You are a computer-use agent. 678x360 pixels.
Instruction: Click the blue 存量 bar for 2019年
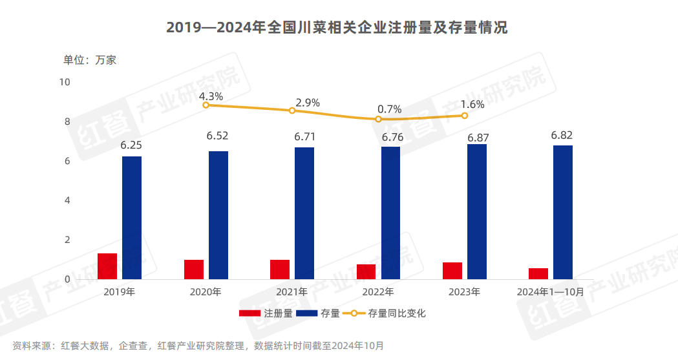tap(132, 218)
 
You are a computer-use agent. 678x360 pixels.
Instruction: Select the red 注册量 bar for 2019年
tap(107, 266)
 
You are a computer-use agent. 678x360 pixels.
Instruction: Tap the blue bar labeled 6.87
tap(477, 211)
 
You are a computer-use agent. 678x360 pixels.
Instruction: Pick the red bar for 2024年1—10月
tap(538, 273)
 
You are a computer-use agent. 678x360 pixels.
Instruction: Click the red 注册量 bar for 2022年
tap(366, 271)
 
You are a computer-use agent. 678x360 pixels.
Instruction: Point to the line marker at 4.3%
tap(206, 105)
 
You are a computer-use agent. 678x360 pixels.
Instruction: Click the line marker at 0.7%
tap(379, 119)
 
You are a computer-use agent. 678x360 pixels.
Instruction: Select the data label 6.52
tap(217, 136)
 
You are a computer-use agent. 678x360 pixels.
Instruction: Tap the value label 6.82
tap(562, 135)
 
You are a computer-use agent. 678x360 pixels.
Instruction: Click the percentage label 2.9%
tap(308, 103)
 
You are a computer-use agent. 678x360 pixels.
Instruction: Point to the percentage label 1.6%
tap(472, 104)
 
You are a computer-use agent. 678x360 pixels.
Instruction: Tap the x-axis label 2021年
tap(292, 292)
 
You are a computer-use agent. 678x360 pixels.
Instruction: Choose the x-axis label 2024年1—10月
tap(551, 292)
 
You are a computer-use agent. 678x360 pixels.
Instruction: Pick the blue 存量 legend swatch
tap(307, 313)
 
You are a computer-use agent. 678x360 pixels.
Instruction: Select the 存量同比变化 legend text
tap(397, 313)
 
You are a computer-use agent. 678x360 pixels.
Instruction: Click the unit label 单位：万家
tap(89, 60)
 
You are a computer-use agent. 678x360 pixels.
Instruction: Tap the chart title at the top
tap(337, 28)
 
